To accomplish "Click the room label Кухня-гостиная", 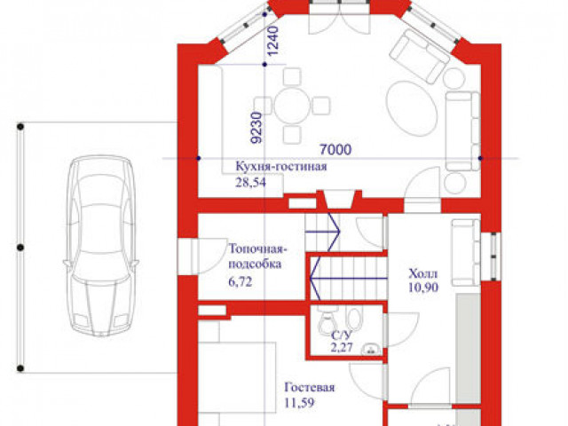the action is tap(281, 167).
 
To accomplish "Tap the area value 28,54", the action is tap(250, 182).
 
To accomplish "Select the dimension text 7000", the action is tap(335, 149).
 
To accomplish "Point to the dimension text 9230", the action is tap(257, 128).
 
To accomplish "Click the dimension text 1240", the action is tap(273, 41).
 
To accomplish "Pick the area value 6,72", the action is tap(241, 281).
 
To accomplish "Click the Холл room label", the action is tap(423, 273).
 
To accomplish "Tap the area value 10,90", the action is tap(423, 288).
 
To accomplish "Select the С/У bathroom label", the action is tap(341, 335).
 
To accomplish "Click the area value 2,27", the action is tap(341, 347).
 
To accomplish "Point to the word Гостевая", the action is tap(310, 387).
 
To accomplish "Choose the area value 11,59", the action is tap(299, 402).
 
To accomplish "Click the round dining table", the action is tap(292, 106).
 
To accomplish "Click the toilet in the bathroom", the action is tap(327, 321).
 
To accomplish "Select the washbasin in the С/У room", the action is tap(371, 349).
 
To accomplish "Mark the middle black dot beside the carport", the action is tap(20, 248).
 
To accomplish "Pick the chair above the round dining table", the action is tap(292, 77).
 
